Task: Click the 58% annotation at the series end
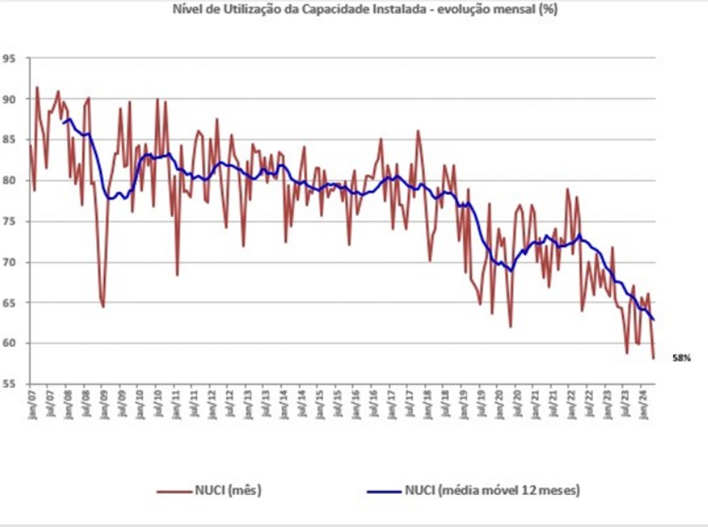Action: click(x=682, y=358)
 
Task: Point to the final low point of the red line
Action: click(x=654, y=359)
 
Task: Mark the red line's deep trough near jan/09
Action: click(x=103, y=306)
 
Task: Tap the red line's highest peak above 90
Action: click(x=36, y=87)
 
